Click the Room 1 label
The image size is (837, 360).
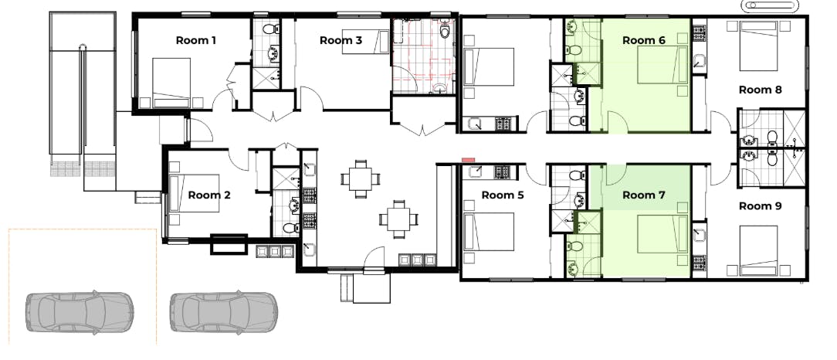[x=196, y=40]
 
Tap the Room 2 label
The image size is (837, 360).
[x=209, y=195]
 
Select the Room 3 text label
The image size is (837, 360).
[x=341, y=40]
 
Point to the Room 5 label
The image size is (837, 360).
[x=503, y=195]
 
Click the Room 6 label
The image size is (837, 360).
[x=644, y=40]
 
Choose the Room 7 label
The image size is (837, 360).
[x=644, y=195]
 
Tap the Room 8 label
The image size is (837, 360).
[x=760, y=90]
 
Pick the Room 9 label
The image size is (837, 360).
[x=760, y=205]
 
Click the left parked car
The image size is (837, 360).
[x=80, y=312]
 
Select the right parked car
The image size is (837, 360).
[x=224, y=312]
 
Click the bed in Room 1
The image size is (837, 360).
[x=171, y=83]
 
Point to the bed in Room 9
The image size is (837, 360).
[x=758, y=250]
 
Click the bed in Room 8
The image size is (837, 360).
[x=758, y=46]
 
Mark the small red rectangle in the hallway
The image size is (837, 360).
[x=468, y=160]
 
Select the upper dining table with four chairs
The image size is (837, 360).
[x=361, y=179]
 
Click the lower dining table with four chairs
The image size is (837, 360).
[x=398, y=219]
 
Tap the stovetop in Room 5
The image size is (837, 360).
[x=502, y=172]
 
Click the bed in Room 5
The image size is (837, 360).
[x=489, y=232]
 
